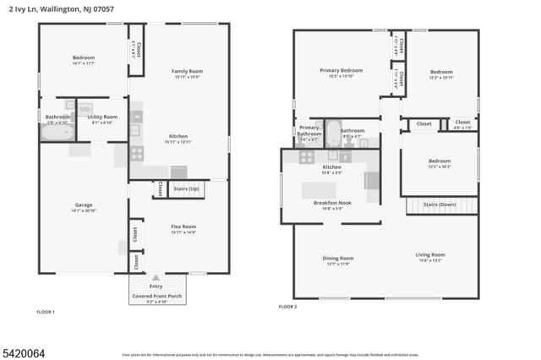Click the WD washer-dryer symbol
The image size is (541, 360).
pyautogui.click(x=85, y=109)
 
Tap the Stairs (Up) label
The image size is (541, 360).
pyautogui.click(x=185, y=188)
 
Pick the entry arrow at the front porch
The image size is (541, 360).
pyautogui.click(x=156, y=277)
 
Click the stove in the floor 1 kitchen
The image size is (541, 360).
pyautogui.click(x=136, y=153)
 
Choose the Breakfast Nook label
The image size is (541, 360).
pyautogui.click(x=331, y=203)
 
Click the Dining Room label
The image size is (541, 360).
pyautogui.click(x=337, y=259)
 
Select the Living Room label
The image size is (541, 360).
pyautogui.click(x=429, y=255)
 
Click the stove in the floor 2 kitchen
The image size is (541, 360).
pyautogui.click(x=306, y=156)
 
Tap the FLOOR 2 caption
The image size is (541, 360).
pyautogui.click(x=288, y=307)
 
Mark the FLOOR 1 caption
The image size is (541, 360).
pyautogui.click(x=46, y=313)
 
